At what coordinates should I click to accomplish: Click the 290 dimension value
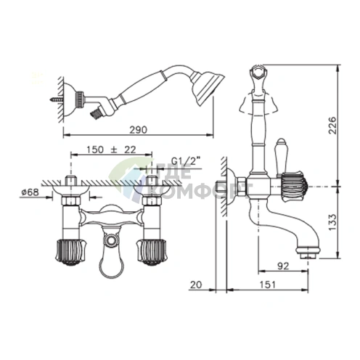138,130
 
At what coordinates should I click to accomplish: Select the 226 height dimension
332,126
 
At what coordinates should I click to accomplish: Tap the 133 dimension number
332,222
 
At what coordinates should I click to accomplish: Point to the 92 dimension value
283,266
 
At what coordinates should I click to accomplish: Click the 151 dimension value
268,285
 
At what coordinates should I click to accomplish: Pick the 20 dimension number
196,285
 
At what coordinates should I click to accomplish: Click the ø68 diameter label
30,192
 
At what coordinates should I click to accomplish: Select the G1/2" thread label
187,161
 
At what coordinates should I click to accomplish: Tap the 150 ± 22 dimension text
111,150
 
